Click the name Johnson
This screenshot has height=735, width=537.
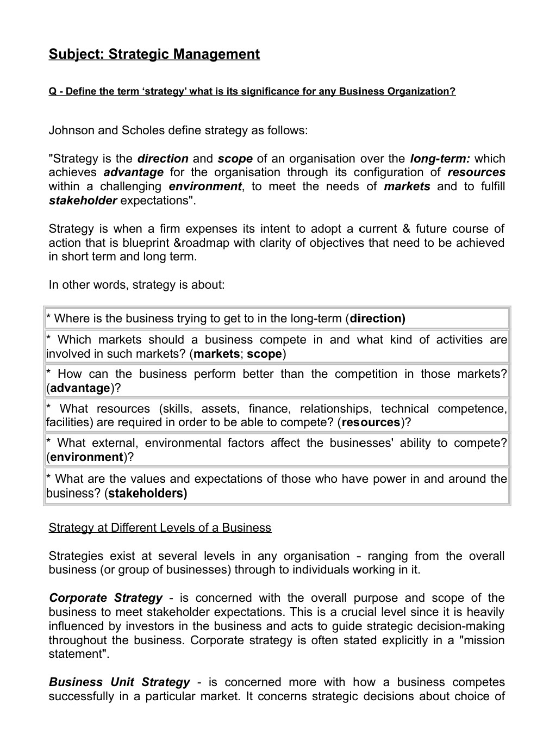71,130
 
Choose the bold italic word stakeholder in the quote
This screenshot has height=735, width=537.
83,201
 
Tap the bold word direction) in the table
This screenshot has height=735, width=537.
377,319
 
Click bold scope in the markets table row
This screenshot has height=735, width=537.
265,354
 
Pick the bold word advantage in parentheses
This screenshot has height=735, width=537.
80,388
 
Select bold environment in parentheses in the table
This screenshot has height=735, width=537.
86,457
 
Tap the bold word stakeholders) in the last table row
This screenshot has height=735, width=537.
147,494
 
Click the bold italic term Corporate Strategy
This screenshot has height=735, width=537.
105,598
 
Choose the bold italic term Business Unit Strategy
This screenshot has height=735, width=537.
120,682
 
